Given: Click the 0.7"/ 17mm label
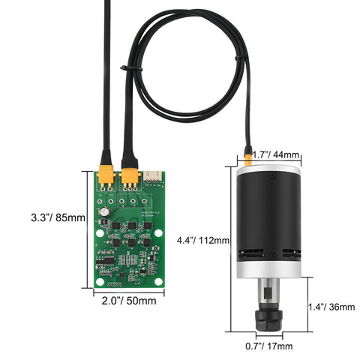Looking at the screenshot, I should (x=270, y=346).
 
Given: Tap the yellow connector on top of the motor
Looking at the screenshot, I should (x=247, y=159).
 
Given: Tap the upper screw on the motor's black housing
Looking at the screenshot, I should (x=274, y=177).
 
